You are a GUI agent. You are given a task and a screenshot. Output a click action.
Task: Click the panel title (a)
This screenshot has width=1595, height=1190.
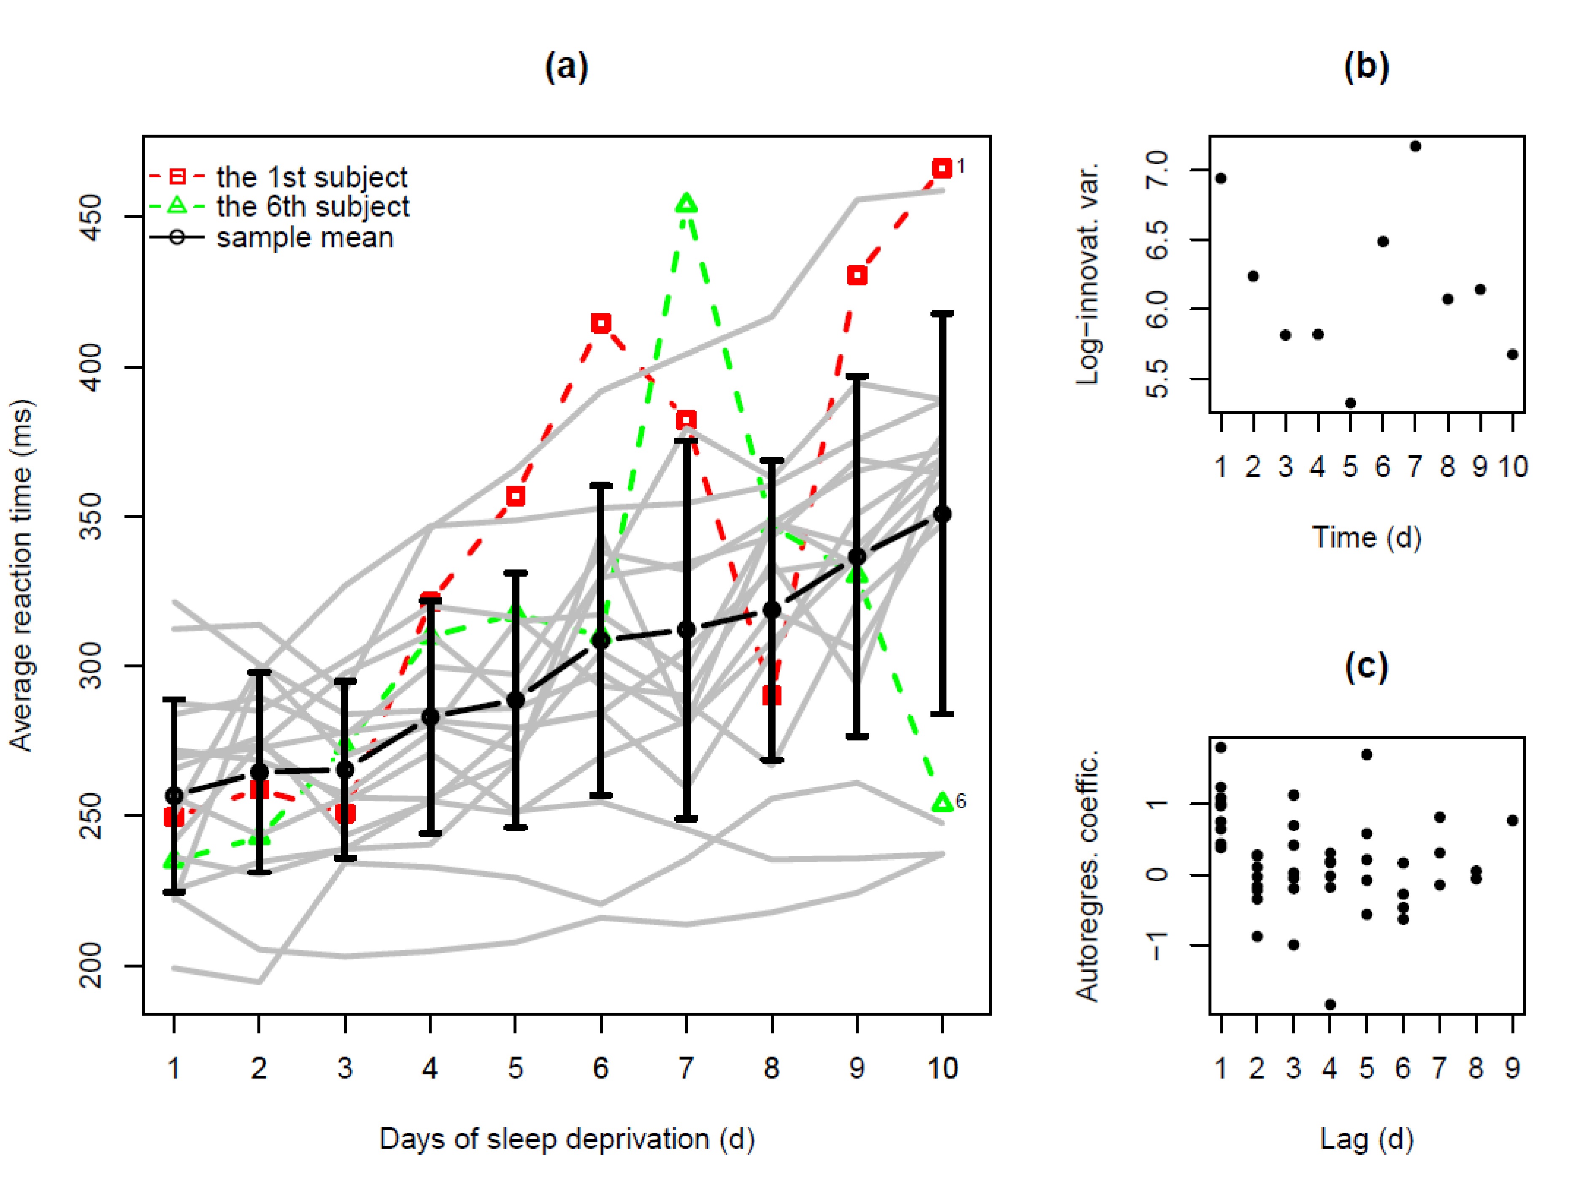pos(567,67)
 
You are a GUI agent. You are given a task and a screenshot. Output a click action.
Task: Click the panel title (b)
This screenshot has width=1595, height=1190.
pos(1366,67)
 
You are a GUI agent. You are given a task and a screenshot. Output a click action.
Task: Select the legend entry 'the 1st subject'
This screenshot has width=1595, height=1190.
pos(312,176)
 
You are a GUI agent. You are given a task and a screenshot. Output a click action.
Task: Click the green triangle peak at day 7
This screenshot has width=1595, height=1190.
pos(686,204)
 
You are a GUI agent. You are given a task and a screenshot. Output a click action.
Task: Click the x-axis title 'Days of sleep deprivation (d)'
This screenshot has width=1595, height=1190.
pos(567,1139)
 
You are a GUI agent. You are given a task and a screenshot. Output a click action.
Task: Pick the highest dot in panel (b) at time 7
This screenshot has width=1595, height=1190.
pos(1415,146)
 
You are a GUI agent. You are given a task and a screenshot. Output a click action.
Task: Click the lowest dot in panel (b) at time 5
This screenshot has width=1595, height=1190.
pos(1350,403)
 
